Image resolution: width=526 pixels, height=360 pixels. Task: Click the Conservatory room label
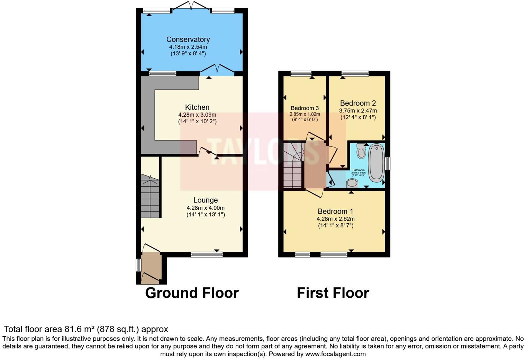(188, 39)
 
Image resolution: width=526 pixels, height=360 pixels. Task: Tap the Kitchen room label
(197, 107)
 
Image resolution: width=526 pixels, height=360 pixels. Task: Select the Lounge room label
(206, 200)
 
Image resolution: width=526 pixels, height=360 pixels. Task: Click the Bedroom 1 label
(335, 211)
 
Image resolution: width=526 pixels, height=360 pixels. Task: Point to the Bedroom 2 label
(358, 103)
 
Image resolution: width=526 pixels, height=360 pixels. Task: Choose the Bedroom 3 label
(305, 108)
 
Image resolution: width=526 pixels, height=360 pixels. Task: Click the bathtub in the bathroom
(376, 163)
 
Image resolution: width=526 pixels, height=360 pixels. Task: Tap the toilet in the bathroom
(361, 151)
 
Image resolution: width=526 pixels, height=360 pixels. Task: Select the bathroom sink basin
(352, 183)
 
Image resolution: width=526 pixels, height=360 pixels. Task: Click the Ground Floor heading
(192, 293)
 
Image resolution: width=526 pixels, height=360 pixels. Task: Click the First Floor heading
(333, 293)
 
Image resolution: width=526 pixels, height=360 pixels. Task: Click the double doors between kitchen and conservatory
(217, 69)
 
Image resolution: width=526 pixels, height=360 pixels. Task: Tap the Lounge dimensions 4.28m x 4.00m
(206, 208)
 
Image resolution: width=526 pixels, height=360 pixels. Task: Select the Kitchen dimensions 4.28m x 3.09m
(197, 115)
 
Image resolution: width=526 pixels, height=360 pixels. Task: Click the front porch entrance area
(151, 268)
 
